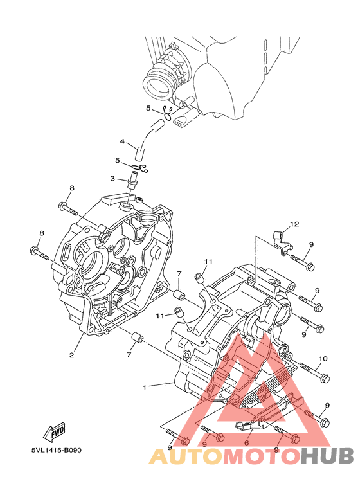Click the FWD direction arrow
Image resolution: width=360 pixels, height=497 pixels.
click(x=54, y=431)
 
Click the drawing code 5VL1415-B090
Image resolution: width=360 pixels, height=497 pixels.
click(x=57, y=450)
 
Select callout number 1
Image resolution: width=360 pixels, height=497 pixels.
click(x=145, y=387)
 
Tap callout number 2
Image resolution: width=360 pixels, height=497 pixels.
click(x=71, y=355)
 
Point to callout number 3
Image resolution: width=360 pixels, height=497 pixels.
click(x=113, y=179)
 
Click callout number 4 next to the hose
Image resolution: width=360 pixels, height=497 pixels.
click(x=122, y=141)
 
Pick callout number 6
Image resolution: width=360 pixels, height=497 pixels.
click(x=247, y=443)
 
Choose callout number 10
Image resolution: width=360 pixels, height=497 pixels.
click(x=323, y=359)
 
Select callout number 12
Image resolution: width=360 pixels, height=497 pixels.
click(x=294, y=224)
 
